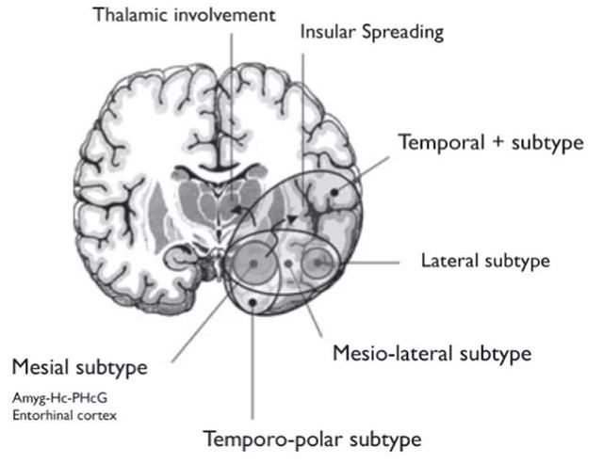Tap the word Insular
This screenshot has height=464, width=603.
click(329, 32)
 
